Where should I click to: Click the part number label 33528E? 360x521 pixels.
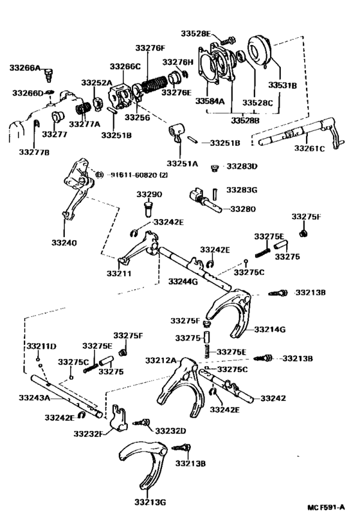click(196, 33)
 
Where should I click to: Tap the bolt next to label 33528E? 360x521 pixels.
click(228, 40)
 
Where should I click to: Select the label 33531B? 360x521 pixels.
click(282, 85)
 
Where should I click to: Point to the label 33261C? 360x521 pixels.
click(309, 148)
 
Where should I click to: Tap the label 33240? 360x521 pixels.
click(64, 243)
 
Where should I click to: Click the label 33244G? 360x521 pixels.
click(183, 281)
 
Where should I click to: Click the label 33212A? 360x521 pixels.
click(161, 360)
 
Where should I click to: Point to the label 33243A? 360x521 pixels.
click(34, 398)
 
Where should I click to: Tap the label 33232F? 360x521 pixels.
click(88, 434)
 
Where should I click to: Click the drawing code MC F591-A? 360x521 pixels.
click(326, 508)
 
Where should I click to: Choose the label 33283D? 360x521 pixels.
click(242, 166)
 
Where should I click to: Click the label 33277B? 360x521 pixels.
click(34, 152)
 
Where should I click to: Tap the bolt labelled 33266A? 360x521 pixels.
click(50, 75)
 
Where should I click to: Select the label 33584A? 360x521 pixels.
click(210, 101)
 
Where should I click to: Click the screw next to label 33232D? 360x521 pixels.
click(142, 422)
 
